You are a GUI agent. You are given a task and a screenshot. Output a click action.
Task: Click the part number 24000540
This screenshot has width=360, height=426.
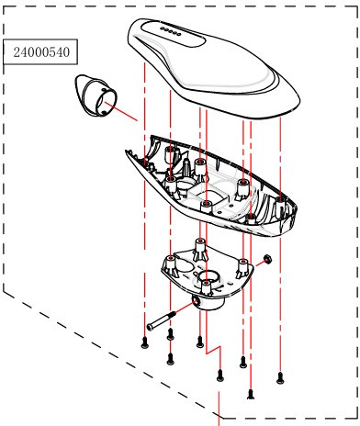41,52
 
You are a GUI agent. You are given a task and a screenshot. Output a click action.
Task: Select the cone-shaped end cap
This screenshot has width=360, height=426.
96,95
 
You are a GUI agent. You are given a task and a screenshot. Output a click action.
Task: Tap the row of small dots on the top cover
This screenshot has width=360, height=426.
171,31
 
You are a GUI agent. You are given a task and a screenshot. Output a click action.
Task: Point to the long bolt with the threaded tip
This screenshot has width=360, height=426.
162,320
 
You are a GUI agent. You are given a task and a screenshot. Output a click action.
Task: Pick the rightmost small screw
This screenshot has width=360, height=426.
280,378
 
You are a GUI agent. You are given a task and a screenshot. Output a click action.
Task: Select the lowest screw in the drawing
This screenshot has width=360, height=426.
251,394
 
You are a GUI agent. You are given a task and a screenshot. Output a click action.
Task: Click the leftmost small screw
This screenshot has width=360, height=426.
145,342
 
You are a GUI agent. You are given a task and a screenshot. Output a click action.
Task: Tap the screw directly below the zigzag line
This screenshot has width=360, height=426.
219,376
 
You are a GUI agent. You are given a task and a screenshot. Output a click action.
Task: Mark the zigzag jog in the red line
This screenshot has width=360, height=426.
213,350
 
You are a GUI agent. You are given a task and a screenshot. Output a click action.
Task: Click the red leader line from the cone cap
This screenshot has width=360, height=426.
121,111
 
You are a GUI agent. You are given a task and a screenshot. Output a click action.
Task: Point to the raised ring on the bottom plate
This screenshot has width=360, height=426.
208,278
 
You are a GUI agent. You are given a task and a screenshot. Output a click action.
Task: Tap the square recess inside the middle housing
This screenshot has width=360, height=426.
209,196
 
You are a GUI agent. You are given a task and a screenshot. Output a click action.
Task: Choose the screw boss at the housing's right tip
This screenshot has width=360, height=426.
280,206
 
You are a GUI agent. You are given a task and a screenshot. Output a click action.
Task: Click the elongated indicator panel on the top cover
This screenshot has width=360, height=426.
173,34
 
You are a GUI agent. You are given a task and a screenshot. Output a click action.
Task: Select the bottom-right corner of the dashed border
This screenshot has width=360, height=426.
357,419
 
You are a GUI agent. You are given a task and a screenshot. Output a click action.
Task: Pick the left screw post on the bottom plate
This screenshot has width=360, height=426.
171,265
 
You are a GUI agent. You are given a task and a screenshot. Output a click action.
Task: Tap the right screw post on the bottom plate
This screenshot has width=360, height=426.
243,267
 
